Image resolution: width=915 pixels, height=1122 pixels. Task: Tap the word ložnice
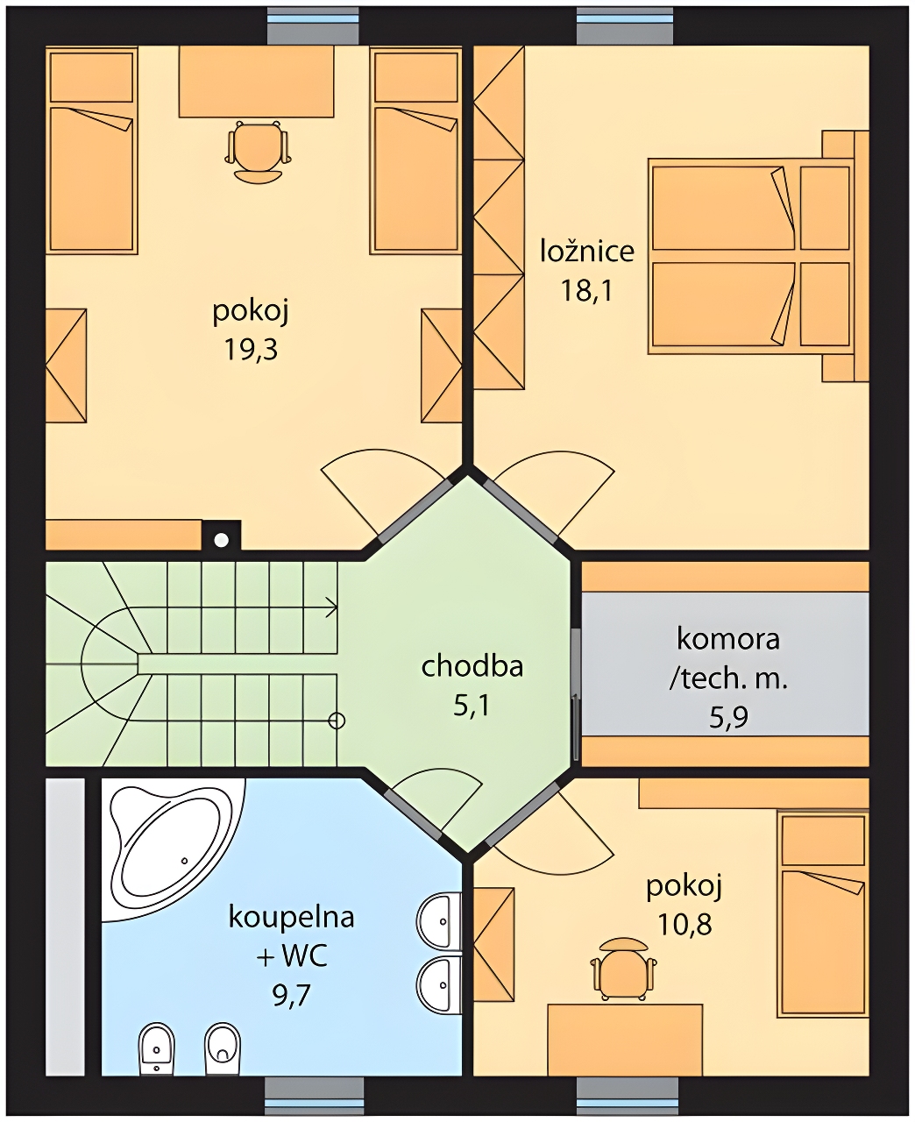587,251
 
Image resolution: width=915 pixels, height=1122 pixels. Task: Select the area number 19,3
251,350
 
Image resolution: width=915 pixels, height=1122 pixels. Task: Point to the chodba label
472,666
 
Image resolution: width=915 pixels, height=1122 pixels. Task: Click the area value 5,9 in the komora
728,717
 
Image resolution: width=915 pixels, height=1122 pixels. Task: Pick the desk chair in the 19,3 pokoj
259,153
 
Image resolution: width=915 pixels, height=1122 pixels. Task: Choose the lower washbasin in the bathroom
439,984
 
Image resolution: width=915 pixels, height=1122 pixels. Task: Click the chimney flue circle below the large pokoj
222,541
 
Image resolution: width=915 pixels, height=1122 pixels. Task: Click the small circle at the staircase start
337,721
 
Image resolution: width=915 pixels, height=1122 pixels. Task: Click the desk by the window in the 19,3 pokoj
257,82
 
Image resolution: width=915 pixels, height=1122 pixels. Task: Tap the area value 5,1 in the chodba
472,706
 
